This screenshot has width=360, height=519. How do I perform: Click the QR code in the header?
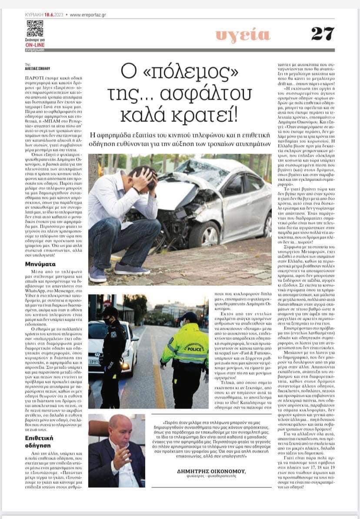[35, 28]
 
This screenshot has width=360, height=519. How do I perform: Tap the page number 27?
[323, 33]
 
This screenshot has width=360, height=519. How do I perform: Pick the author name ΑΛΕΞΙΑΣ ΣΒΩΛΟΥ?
[38, 68]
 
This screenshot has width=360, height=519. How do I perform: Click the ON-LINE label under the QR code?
[34, 45]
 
